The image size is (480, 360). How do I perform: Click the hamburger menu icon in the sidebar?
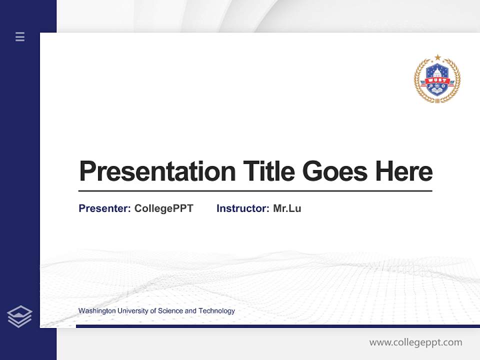20,36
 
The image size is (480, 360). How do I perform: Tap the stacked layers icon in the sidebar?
20,316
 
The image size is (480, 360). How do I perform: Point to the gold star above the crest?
437,57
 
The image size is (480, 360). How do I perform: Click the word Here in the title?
404,171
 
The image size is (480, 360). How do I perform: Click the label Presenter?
104,208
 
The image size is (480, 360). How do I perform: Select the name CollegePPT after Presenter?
163,208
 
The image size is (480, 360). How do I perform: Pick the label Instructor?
242,208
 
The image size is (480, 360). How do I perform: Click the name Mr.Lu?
287,208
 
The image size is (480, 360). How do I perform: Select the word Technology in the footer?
216,311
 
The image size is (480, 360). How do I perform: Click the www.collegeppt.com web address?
415,342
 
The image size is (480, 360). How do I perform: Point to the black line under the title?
255,191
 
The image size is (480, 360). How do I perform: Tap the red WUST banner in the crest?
437,80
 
